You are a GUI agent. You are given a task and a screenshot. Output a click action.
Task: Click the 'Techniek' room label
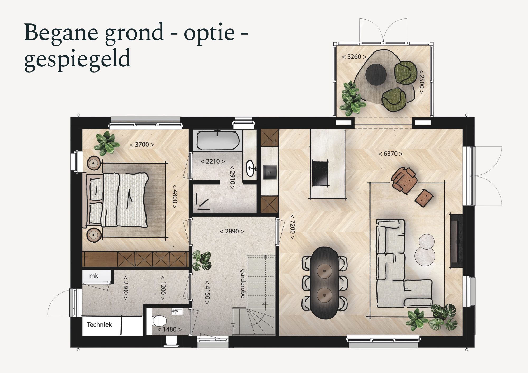[99, 324]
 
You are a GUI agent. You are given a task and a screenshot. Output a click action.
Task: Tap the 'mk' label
[94, 276]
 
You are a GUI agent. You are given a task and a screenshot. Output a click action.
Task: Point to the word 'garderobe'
[242, 284]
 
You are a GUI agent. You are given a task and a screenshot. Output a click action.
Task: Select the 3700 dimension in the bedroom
[142, 145]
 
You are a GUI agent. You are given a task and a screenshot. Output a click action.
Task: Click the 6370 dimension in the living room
[391, 154]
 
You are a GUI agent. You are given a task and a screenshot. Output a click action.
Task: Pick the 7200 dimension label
[292, 227]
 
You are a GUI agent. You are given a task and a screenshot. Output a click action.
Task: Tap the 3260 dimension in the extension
[354, 57]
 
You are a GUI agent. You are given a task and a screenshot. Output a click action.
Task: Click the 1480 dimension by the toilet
[169, 329]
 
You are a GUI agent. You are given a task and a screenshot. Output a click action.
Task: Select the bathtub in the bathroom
[218, 140]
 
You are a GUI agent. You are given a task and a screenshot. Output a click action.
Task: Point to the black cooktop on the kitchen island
[320, 173]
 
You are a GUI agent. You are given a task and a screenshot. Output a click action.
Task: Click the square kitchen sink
[270, 172]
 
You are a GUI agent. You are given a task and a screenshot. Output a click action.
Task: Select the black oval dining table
[324, 283]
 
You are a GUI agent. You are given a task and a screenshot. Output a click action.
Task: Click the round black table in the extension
[376, 74]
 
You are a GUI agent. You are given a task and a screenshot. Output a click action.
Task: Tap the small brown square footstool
[424, 198]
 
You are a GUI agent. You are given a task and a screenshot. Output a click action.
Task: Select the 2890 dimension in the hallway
[232, 231]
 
